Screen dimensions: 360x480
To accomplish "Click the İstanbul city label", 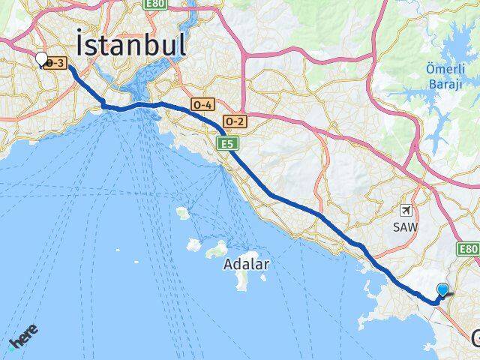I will [x=131, y=43].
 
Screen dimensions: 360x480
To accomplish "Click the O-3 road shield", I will [x=55, y=64].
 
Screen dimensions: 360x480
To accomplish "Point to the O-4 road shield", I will [x=202, y=104].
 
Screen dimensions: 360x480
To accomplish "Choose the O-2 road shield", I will [x=235, y=121].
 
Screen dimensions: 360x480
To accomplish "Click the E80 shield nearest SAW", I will [x=469, y=248].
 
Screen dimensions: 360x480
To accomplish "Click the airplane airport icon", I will [x=406, y=211].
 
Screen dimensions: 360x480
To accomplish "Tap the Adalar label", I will [x=246, y=264].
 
